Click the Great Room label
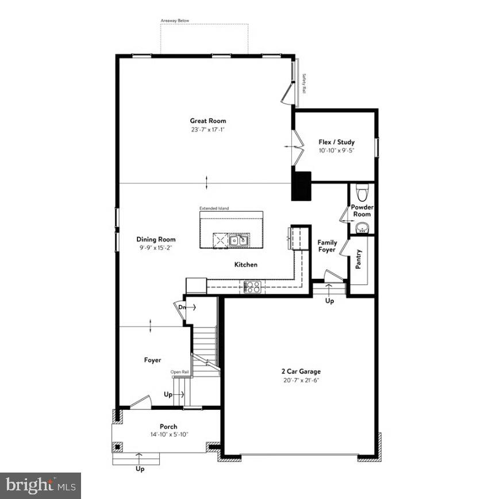(x=208, y=121)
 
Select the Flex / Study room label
(x=337, y=142)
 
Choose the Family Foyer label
(x=328, y=246)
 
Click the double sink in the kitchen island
(x=238, y=239)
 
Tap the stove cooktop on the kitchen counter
(x=252, y=286)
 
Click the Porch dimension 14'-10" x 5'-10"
(x=169, y=435)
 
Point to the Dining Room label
(x=156, y=239)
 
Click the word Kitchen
(x=245, y=265)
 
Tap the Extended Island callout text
(x=214, y=208)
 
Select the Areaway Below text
(x=175, y=21)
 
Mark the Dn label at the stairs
(x=182, y=308)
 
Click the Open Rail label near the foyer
(x=179, y=372)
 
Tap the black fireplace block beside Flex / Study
(x=301, y=186)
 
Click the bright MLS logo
(x=40, y=486)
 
